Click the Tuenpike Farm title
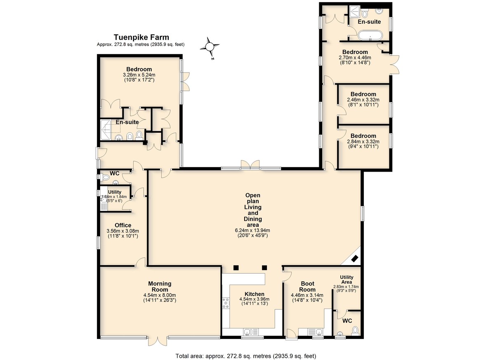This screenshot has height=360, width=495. tap(141, 37)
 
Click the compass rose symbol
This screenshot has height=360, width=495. tap(210, 47)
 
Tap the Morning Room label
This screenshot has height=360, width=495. tap(160, 287)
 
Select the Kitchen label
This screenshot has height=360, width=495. tap(255, 294)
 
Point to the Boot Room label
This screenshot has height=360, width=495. tap(307, 287)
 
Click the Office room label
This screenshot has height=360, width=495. tap(123, 225)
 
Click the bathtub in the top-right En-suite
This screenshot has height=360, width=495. tap(370, 35)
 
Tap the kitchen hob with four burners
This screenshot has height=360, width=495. tap(226, 303)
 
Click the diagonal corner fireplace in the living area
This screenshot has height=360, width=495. tap(355, 259)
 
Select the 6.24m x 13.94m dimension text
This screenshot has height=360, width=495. tap(252, 231)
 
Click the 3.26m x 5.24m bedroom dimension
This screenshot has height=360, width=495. tap(139, 75)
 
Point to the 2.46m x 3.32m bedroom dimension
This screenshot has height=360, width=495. tap(363, 100)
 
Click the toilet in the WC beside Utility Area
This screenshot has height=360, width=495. tap(355, 331)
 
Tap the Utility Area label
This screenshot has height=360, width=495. tap(346, 280)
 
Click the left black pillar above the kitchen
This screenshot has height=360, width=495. tap(236, 268)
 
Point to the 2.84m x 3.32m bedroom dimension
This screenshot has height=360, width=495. tap(363, 141)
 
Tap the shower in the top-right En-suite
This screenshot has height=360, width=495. tap(355, 11)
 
